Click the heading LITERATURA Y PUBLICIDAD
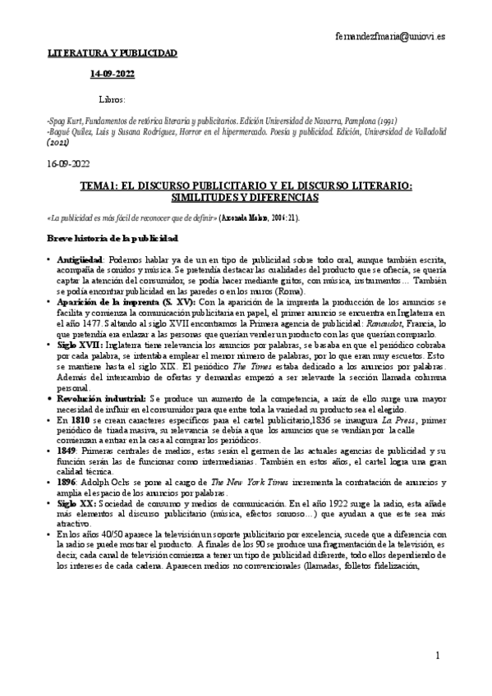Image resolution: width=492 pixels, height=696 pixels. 111,53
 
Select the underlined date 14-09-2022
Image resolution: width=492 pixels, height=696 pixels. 113,76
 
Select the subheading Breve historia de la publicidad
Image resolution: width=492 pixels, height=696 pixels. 113,238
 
